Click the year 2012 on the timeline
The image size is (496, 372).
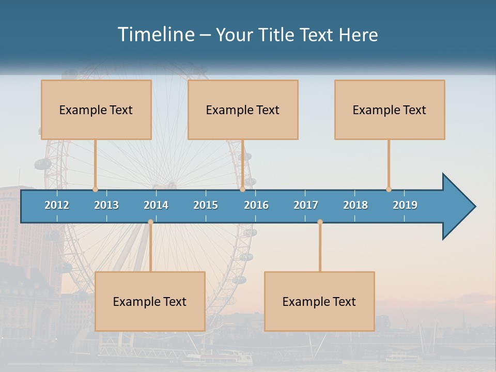[x=57, y=205]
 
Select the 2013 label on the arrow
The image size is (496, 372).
[x=106, y=205]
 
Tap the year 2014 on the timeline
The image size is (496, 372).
[x=156, y=205]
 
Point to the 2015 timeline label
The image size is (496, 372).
[x=206, y=205]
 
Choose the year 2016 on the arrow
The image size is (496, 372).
[x=256, y=205]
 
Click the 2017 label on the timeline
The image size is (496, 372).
[x=306, y=205]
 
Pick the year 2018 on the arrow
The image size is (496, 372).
[x=355, y=205]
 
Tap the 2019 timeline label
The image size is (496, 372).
[x=405, y=205]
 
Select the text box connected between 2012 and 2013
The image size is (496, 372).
[x=96, y=110]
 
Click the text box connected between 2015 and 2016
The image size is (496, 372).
[x=243, y=110]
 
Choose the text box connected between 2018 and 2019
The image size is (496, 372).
[x=390, y=110]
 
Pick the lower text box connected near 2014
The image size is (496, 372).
[x=150, y=301]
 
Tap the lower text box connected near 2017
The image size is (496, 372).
[x=319, y=301]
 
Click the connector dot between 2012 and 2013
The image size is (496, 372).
[x=95, y=189]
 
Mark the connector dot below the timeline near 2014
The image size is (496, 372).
[x=150, y=222]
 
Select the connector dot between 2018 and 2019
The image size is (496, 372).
[x=389, y=189]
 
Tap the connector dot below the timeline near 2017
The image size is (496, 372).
[x=320, y=222]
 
